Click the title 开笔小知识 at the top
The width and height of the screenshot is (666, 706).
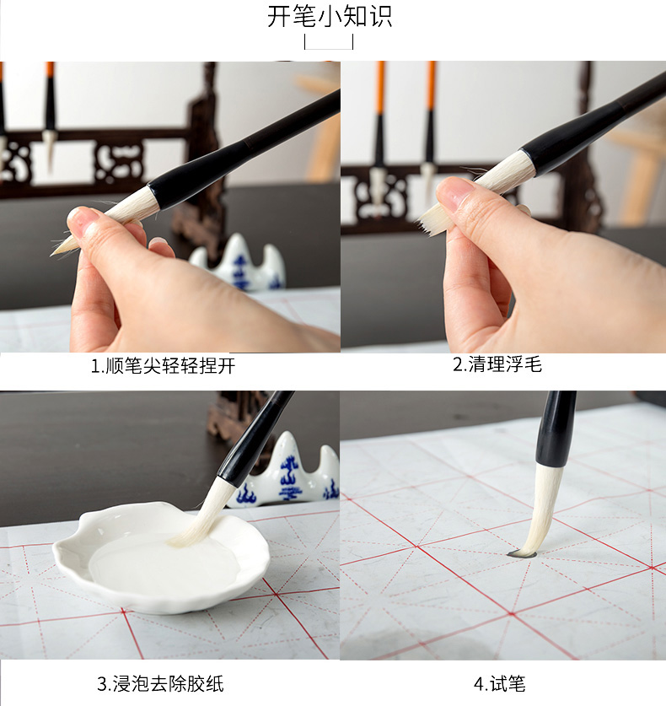pyautogui.click(x=330, y=16)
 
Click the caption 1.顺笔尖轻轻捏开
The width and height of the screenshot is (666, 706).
pyautogui.click(x=163, y=365)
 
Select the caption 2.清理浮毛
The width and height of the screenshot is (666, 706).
pyautogui.click(x=497, y=364)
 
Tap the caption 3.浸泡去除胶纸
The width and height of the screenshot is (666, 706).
pyautogui.click(x=161, y=683)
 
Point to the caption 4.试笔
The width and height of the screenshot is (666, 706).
pyautogui.click(x=499, y=683)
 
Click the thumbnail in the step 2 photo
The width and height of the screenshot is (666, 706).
pyautogui.click(x=454, y=191)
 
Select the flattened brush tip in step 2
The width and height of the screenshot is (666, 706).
pyautogui.click(x=430, y=223)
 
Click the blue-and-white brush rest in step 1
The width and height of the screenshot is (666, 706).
pyautogui.click(x=239, y=263)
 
